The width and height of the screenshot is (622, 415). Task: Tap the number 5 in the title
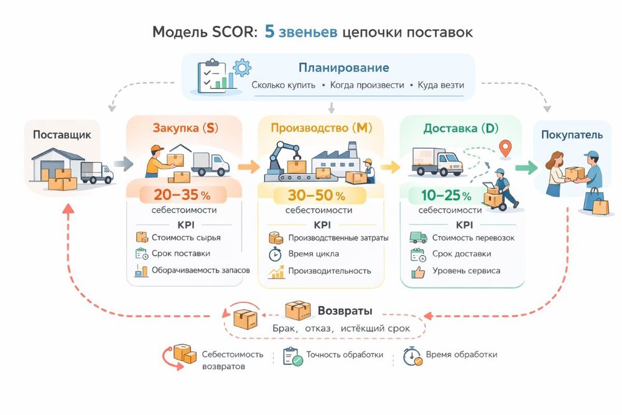coord(270,32)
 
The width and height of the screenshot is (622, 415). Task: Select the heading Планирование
coord(343,68)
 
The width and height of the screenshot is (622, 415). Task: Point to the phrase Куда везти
coord(441,85)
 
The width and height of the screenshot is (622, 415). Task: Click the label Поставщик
coord(62,135)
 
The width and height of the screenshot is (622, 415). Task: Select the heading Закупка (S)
coord(185,129)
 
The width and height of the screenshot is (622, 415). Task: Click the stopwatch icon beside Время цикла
coord(275,254)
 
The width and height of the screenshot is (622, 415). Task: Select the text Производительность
coord(330,271)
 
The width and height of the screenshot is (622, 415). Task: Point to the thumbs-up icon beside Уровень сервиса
coord(418,271)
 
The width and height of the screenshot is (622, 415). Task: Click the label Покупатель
coord(572,135)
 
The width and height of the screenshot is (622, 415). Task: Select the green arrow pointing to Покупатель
coord(526,167)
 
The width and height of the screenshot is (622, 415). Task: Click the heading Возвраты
coord(345,310)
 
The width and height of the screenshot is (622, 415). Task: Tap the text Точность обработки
coord(345,355)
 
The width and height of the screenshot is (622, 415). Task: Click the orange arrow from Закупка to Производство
coord(249,167)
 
